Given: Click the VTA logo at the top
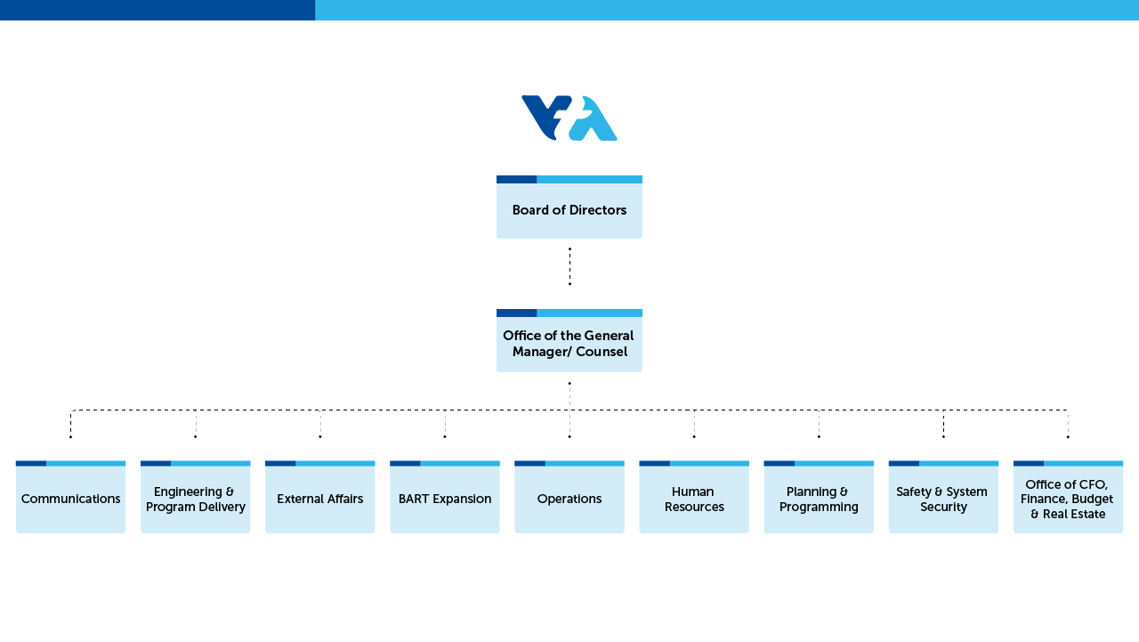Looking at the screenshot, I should click(569, 118).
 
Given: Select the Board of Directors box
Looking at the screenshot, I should click(569, 210).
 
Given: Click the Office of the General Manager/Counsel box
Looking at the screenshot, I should click(569, 343).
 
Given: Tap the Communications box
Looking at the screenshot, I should click(70, 499).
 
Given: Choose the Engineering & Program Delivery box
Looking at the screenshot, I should click(195, 499).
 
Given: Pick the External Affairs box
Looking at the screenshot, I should click(319, 499).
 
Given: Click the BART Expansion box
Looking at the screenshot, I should click(445, 499).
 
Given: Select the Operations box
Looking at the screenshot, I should click(569, 499).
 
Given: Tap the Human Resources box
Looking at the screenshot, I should click(694, 499).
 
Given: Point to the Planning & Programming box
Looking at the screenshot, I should click(819, 499).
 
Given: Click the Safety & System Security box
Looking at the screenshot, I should click(943, 499).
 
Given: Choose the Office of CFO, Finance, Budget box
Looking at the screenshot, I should click(1068, 499).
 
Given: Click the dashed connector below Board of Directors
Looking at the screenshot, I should click(569, 266).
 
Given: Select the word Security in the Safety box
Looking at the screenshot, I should click(943, 508).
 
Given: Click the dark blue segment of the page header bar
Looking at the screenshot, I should click(158, 10).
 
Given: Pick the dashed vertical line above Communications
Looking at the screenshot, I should click(70, 424).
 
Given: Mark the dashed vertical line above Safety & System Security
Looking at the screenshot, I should click(943, 424).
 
